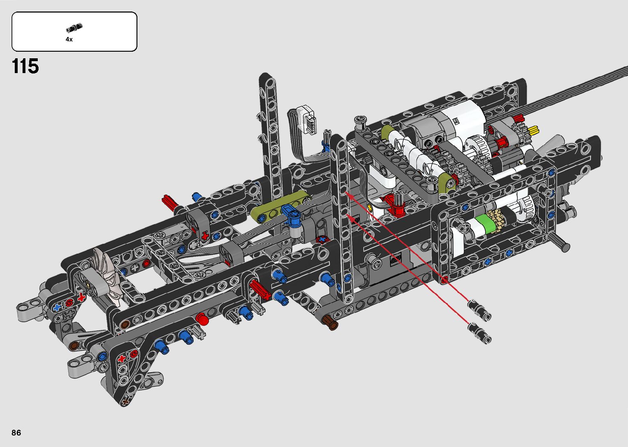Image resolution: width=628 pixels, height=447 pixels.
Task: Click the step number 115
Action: pos(25,66)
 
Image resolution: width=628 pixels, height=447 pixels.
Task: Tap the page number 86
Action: pos(16,432)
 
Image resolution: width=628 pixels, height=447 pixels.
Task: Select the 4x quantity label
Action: pos(69,39)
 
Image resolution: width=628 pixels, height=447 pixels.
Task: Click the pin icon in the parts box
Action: pos(74,28)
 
